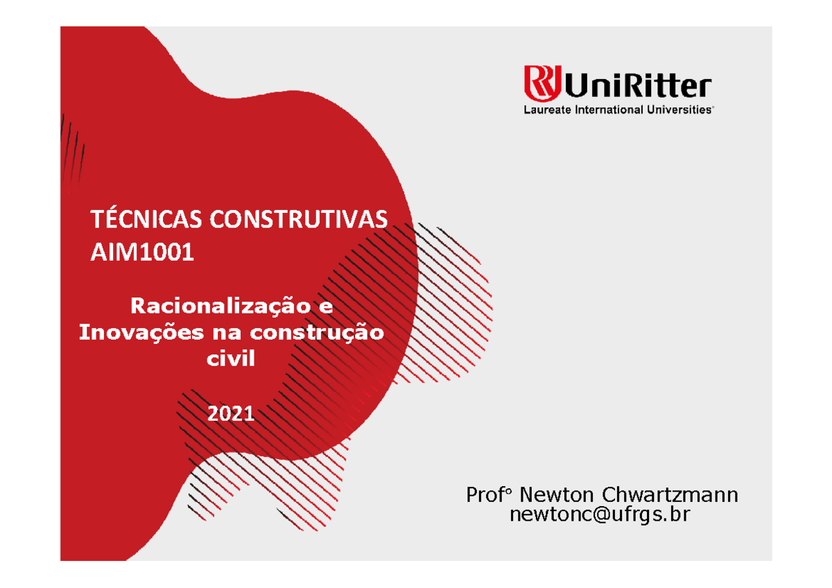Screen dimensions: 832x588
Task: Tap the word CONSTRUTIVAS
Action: coord(299,219)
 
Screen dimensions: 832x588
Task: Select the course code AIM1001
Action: coord(142,252)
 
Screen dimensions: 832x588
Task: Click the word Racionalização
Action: coord(220,307)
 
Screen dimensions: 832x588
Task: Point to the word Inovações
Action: coord(141,333)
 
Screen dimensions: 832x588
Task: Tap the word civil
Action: coord(231,358)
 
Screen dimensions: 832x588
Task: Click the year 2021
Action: coord(231,414)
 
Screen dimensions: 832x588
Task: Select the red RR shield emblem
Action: coord(542,83)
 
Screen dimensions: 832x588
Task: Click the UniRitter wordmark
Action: coord(638,85)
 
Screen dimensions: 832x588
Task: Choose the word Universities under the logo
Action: coord(679,110)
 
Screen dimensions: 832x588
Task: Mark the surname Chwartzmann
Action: coord(670,495)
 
